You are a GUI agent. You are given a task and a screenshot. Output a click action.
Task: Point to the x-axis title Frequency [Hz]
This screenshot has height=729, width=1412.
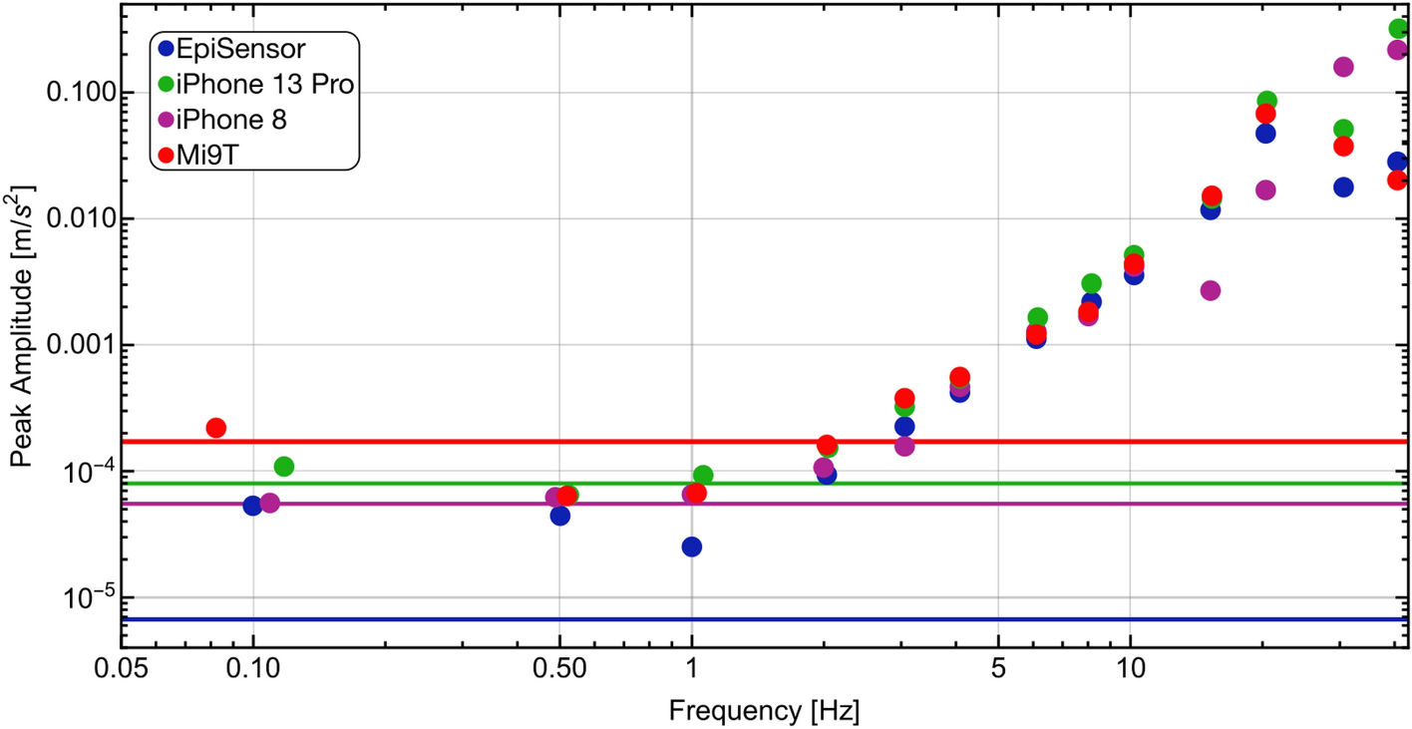point(764,711)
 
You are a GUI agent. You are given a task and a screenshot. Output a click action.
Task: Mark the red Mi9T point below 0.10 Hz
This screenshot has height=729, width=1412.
point(215,428)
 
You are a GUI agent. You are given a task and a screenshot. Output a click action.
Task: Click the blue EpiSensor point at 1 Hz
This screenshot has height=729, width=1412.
point(691,547)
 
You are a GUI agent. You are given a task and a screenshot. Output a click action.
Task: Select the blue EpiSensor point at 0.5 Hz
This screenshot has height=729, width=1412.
point(559,516)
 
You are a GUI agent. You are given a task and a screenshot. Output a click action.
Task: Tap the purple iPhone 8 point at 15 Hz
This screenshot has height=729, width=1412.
point(1211,290)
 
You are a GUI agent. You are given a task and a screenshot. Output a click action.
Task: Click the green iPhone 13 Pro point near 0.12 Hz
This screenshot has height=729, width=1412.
point(284,466)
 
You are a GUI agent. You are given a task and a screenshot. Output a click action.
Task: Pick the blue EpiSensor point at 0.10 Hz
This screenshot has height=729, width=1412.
point(252,506)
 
